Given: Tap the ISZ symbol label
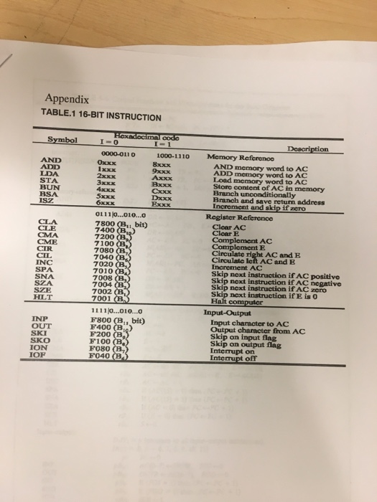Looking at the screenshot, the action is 50,204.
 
